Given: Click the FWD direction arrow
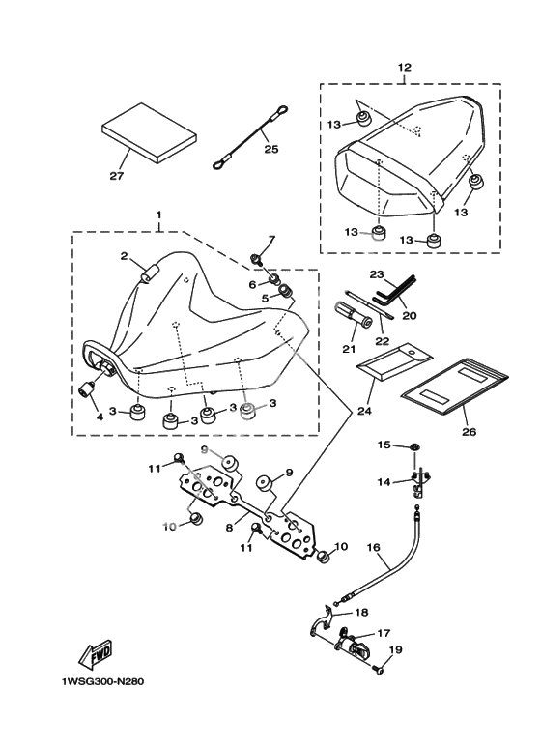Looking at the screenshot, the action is pyautogui.click(x=96, y=653).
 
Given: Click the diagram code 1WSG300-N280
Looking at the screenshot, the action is pyautogui.click(x=102, y=681).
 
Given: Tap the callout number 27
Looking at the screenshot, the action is pyautogui.click(x=116, y=176).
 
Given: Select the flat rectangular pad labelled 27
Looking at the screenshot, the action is pyautogui.click(x=149, y=133).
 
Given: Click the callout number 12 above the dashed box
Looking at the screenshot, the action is pyautogui.click(x=404, y=68).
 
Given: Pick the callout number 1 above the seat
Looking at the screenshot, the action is pyautogui.click(x=158, y=215).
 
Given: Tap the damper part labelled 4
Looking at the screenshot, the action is pyautogui.click(x=87, y=389).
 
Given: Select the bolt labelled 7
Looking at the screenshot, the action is pyautogui.click(x=256, y=259).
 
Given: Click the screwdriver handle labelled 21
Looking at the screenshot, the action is pyautogui.click(x=354, y=315).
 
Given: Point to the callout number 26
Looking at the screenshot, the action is pyautogui.click(x=469, y=432).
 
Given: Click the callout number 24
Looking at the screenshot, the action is pyautogui.click(x=364, y=410).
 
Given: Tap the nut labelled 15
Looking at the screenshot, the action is pyautogui.click(x=415, y=446).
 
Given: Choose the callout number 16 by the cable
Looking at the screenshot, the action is pyautogui.click(x=373, y=547).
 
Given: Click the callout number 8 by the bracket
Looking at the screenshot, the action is pyautogui.click(x=229, y=528).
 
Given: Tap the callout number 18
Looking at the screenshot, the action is pyautogui.click(x=361, y=612).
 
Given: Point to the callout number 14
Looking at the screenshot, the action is pyautogui.click(x=384, y=482).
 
